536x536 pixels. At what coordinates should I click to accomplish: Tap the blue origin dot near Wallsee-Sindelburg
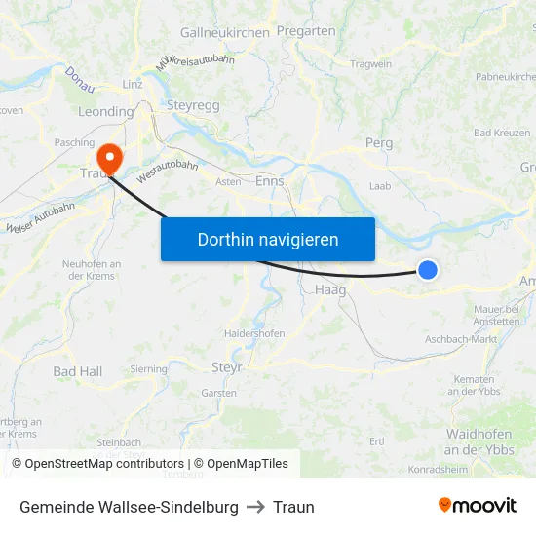(427, 270)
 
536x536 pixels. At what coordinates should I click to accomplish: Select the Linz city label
(133, 85)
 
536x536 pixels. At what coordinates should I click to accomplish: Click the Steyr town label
(227, 367)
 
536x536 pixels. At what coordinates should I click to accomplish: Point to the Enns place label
(270, 180)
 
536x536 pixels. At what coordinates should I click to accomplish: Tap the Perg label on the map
(378, 143)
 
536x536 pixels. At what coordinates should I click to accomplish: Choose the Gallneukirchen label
(225, 32)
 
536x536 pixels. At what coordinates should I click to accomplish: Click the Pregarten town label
(306, 31)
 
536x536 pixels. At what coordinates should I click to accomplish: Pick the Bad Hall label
(77, 371)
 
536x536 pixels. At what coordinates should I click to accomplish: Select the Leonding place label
(105, 112)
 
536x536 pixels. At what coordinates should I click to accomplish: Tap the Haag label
(330, 289)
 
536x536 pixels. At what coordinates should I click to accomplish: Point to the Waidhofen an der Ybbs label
(479, 441)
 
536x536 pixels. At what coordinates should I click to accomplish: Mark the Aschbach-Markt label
(461, 339)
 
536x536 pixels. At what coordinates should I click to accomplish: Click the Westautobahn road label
(168, 172)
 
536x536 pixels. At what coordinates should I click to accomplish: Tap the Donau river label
(80, 80)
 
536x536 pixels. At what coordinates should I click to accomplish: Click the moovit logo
(478, 506)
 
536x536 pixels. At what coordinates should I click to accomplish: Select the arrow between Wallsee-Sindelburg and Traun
(255, 507)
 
